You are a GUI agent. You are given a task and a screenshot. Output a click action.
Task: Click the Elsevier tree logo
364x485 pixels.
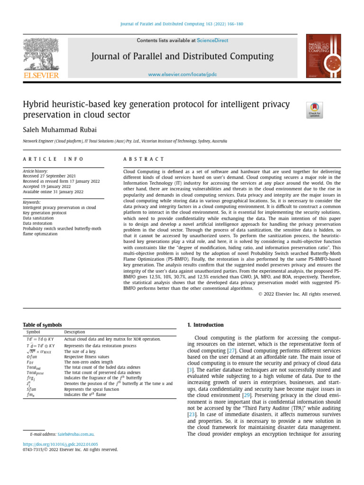41,54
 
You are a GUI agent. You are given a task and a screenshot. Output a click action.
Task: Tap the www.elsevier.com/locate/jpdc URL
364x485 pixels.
182,75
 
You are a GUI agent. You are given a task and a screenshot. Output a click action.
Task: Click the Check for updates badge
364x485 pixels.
315,110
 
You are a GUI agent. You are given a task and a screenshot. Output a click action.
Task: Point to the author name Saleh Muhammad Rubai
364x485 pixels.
55,130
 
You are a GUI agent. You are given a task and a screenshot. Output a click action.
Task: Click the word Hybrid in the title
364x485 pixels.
36,104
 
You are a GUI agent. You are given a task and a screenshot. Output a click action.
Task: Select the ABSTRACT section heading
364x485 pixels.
144,160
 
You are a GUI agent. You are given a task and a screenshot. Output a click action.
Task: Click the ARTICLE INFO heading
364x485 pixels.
53,160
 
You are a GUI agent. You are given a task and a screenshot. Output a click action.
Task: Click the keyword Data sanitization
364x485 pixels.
39,218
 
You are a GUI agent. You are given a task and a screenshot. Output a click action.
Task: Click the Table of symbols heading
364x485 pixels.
42,325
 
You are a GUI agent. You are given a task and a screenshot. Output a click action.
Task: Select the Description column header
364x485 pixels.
74,332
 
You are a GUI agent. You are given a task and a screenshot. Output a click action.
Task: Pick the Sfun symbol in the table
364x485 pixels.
31,388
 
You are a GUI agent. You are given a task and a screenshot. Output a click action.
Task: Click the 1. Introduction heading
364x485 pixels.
205,325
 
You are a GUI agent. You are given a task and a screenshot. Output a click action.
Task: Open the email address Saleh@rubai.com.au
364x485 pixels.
75,434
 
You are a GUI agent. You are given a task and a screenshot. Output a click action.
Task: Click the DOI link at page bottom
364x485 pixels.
61,444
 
